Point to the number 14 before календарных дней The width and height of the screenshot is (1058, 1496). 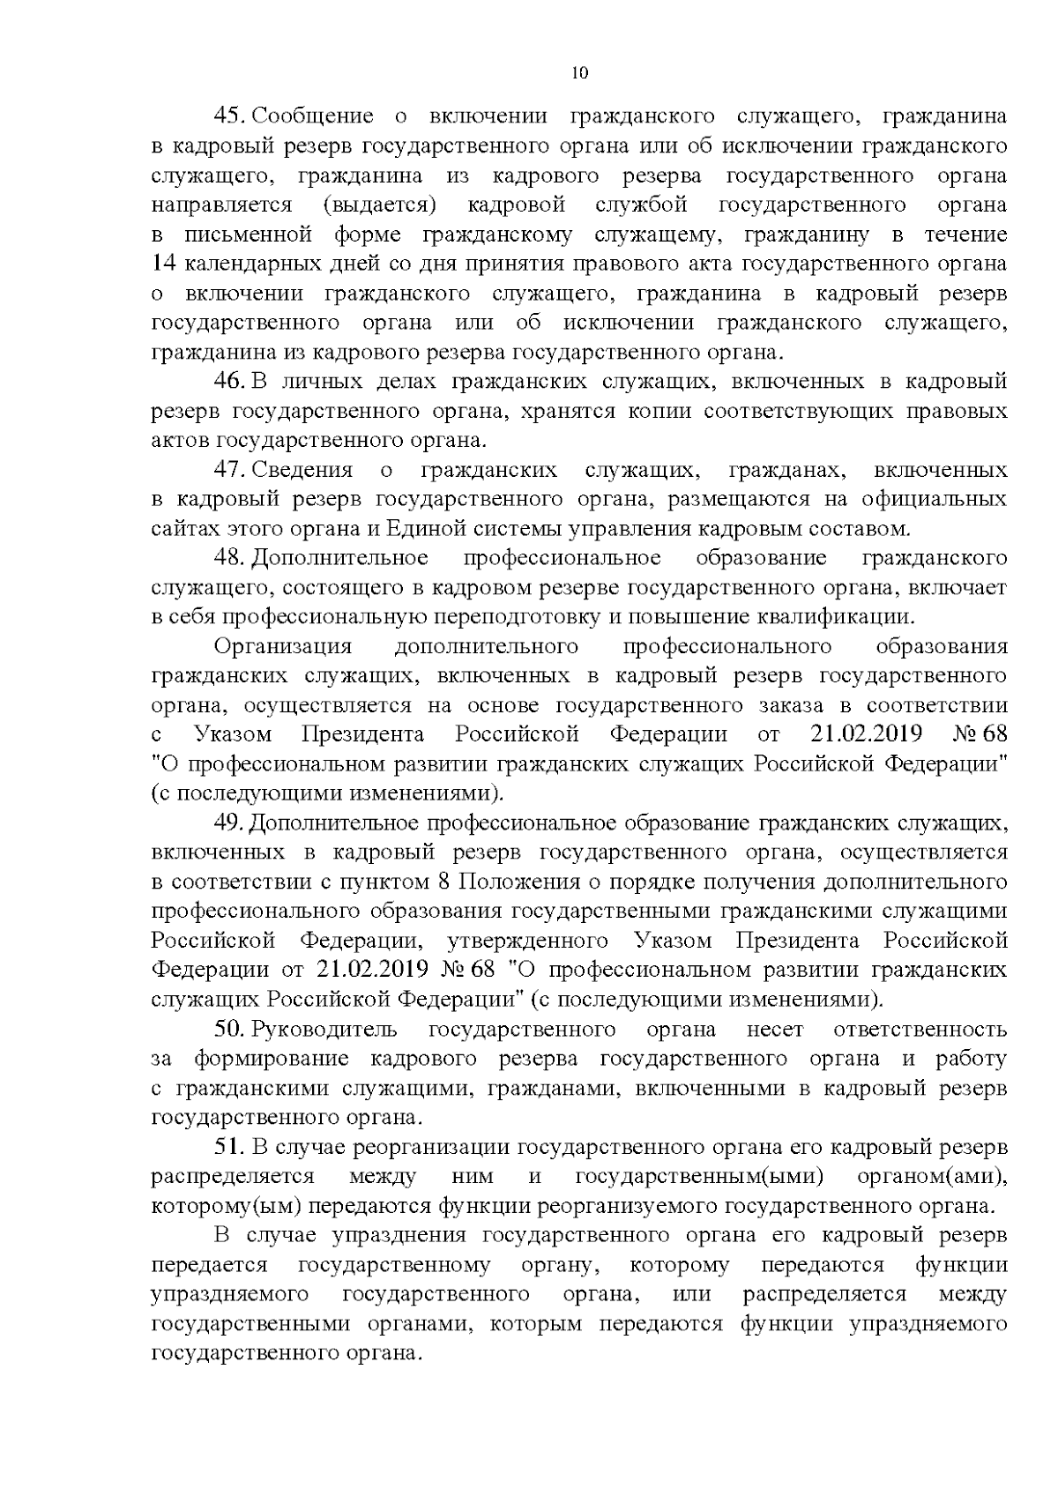tap(164, 264)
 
